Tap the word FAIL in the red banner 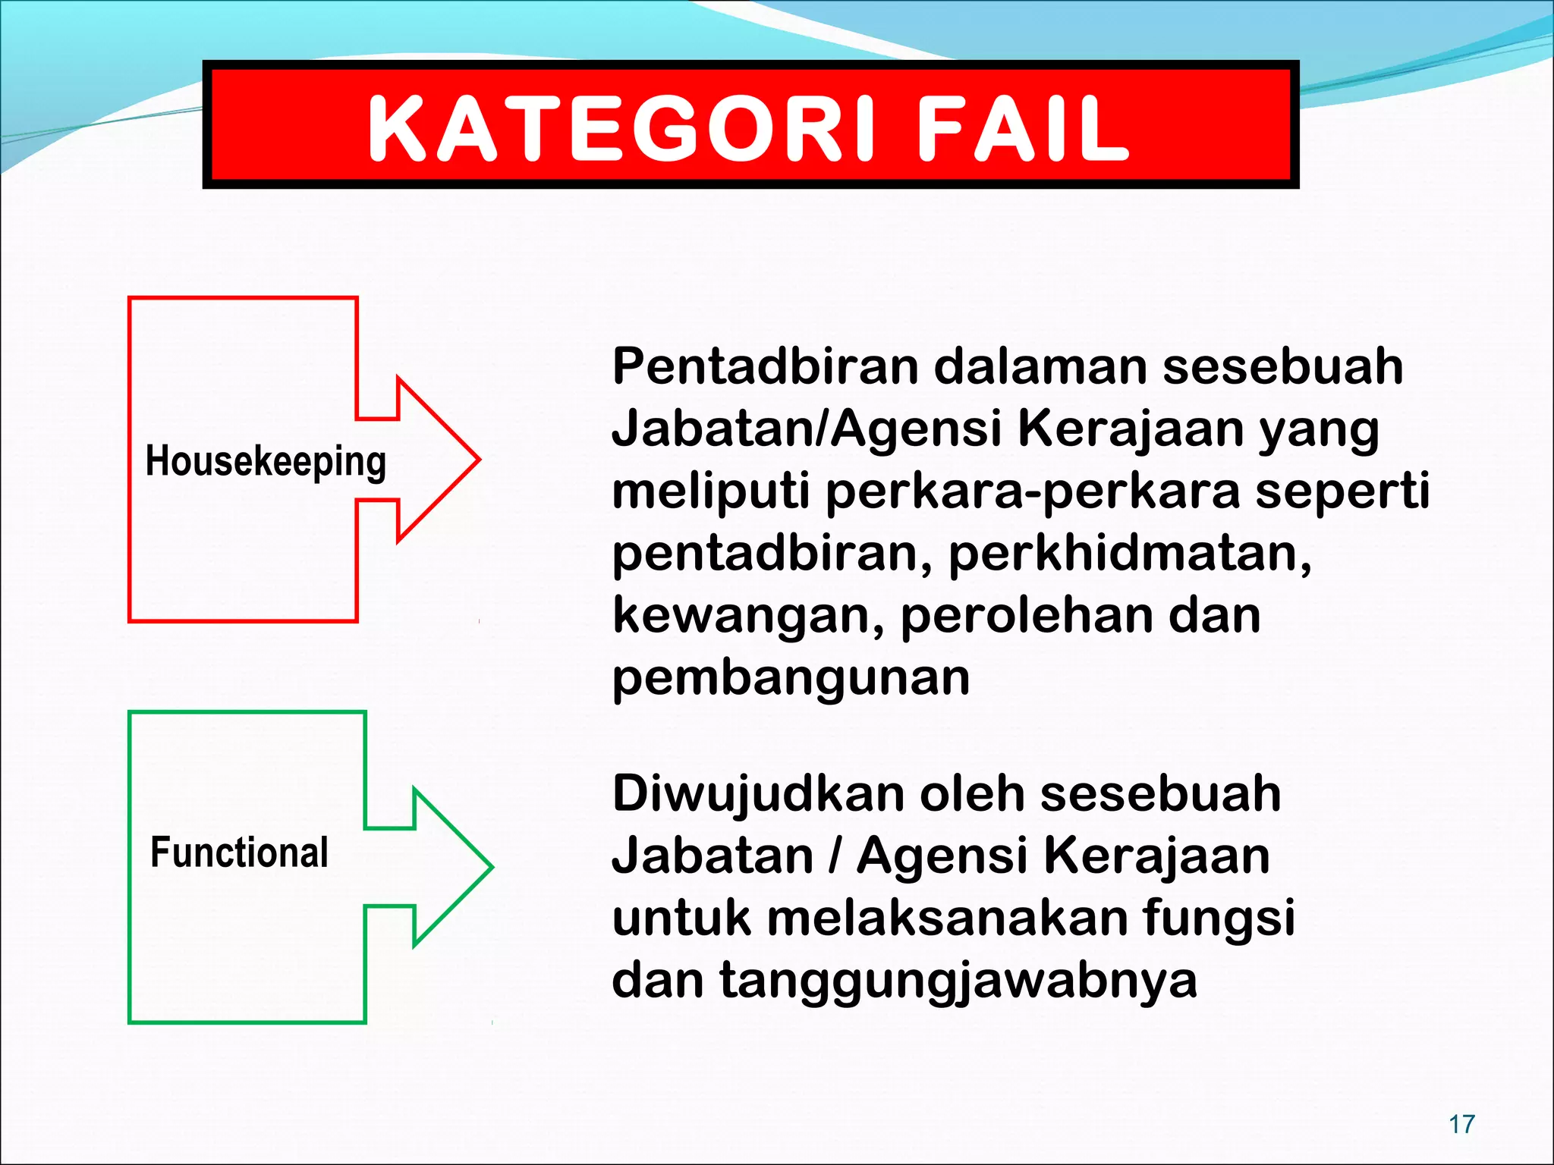(x=1024, y=129)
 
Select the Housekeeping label (x=266, y=461)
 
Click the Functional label (x=239, y=852)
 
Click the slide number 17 (x=1461, y=1124)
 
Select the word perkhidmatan (x=1130, y=553)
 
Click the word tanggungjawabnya (x=958, y=980)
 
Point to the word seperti (x=1342, y=491)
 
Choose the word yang (x=1319, y=430)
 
